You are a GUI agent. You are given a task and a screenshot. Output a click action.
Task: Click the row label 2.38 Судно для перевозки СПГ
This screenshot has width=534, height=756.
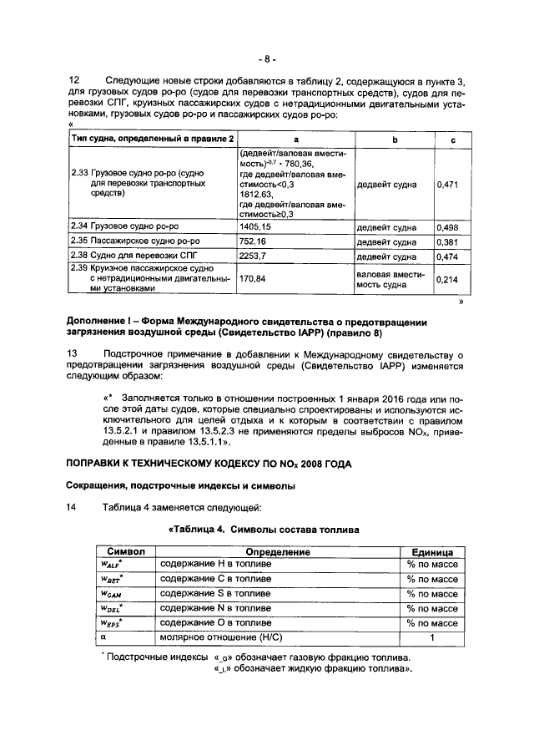click(x=128, y=256)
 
